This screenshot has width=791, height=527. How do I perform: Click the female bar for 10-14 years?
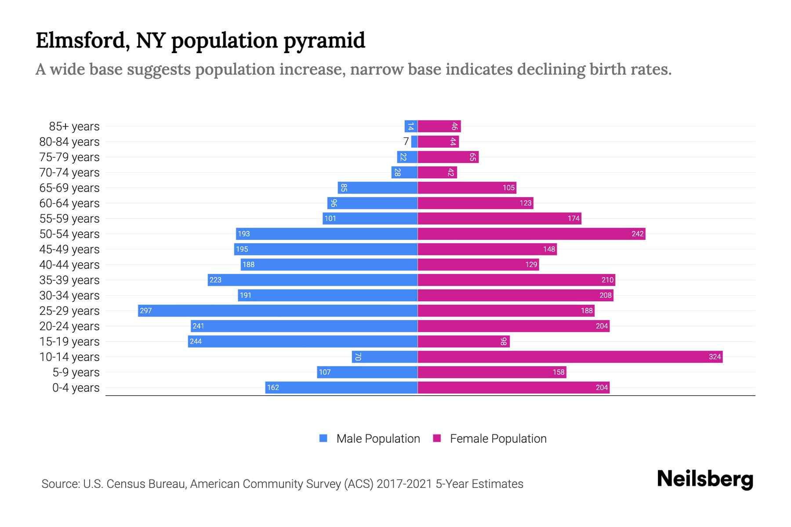pyautogui.click(x=570, y=357)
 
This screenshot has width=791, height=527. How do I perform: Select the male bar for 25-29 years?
pyautogui.click(x=278, y=310)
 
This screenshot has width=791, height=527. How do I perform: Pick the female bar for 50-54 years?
pyautogui.click(x=531, y=234)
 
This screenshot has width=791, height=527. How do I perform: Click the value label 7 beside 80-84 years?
pyautogui.click(x=406, y=141)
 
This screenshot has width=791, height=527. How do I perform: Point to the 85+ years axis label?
pyautogui.click(x=74, y=126)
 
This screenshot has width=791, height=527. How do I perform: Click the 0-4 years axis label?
pyautogui.click(x=76, y=388)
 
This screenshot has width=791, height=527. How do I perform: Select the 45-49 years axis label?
pyautogui.click(x=69, y=249)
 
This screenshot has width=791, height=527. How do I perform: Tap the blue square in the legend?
pyautogui.click(x=323, y=438)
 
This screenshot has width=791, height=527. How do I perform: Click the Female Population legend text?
pyautogui.click(x=498, y=439)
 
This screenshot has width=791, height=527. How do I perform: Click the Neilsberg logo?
pyautogui.click(x=705, y=479)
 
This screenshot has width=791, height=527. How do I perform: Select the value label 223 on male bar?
pyautogui.click(x=215, y=280)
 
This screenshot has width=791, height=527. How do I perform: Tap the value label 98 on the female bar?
pyautogui.click(x=504, y=341)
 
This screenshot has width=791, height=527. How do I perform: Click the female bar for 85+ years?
pyautogui.click(x=439, y=126)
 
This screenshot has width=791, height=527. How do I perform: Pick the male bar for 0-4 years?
pyautogui.click(x=341, y=387)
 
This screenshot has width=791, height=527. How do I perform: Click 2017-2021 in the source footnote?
pyautogui.click(x=404, y=484)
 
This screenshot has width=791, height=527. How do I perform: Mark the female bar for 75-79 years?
pyautogui.click(x=448, y=157)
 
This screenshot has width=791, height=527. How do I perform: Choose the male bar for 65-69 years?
pyautogui.click(x=377, y=188)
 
